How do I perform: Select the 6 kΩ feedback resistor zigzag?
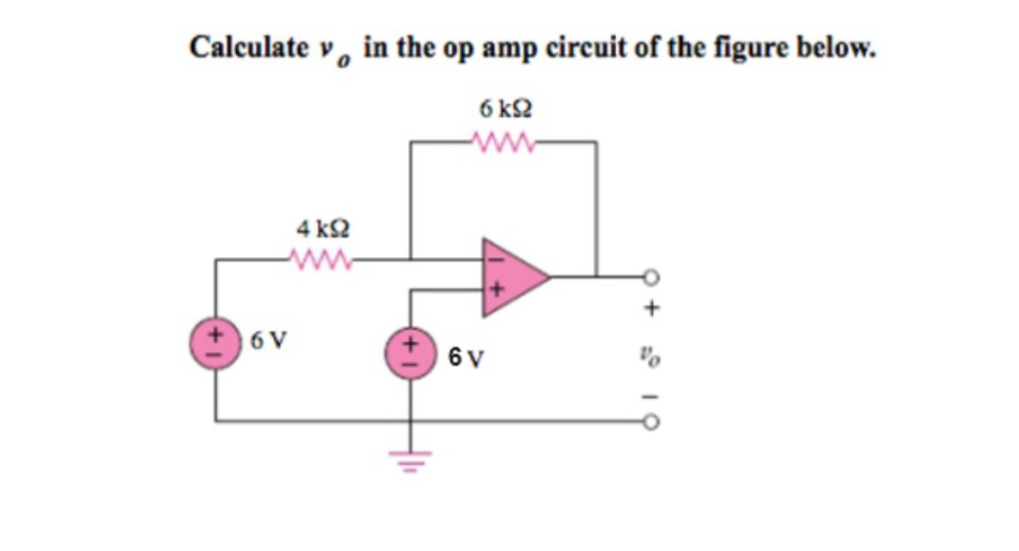[x=504, y=140]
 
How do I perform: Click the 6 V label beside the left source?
[x=269, y=338]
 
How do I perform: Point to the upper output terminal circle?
[x=652, y=276]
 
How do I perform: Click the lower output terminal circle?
[x=652, y=422]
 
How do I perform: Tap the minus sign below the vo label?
[x=652, y=395]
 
